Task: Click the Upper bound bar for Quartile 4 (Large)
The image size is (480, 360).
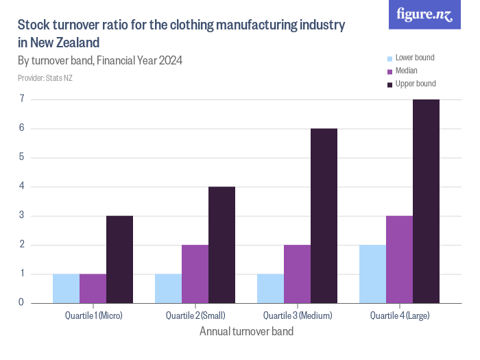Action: tap(426, 201)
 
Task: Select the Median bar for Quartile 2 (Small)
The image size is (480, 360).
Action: tap(195, 274)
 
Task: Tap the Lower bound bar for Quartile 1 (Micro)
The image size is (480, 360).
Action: tap(66, 288)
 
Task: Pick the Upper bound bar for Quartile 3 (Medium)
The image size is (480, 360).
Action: tap(324, 215)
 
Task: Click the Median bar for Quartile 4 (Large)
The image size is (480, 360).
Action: tap(399, 259)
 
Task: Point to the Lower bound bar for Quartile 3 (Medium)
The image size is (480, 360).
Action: tap(270, 288)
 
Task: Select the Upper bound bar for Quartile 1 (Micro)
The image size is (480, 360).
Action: tap(119, 259)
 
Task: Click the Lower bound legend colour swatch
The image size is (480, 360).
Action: tap(390, 58)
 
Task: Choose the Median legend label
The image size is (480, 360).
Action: tap(407, 71)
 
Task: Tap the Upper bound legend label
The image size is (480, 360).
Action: tap(416, 84)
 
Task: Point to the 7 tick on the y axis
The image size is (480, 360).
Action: tap(21, 99)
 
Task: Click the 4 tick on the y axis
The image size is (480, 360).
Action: tap(21, 187)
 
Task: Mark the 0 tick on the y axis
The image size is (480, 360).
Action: tap(21, 302)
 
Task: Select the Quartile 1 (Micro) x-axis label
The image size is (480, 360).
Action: tap(93, 315)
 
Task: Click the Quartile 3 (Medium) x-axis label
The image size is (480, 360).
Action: tap(298, 315)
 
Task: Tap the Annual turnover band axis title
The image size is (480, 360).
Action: tap(246, 332)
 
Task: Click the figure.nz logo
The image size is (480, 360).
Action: tap(424, 14)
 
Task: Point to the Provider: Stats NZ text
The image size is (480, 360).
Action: tap(45, 77)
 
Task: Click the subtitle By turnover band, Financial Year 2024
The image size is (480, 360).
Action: tap(100, 60)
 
